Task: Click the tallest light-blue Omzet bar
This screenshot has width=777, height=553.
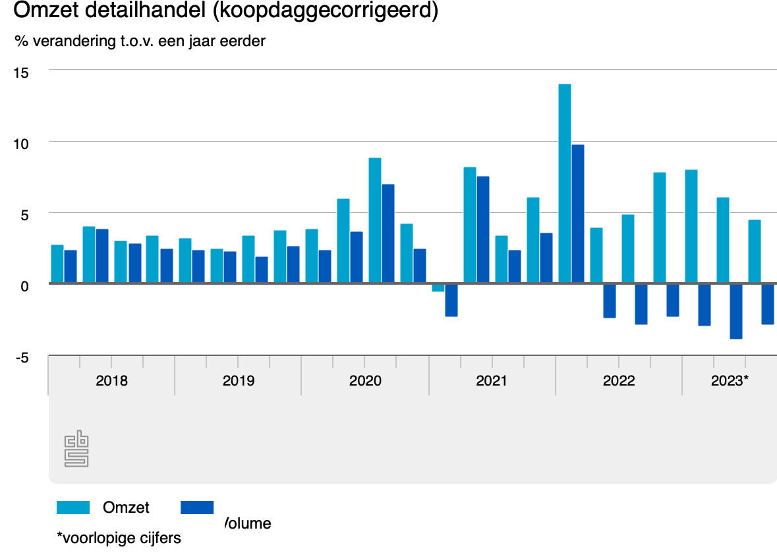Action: point(564,184)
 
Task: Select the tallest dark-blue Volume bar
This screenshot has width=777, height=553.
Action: point(577,214)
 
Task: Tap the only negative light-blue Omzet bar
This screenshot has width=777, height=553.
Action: point(438,287)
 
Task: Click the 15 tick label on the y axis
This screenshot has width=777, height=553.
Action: point(21,72)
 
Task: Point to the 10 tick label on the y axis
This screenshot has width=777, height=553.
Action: point(21,143)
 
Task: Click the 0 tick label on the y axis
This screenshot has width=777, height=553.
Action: point(24,286)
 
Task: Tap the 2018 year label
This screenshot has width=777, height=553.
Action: point(111,381)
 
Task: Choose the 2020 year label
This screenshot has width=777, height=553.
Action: point(365,381)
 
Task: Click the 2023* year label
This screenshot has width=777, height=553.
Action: point(730,381)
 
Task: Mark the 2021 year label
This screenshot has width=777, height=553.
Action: point(492,381)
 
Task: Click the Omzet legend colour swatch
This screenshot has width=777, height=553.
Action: point(72,507)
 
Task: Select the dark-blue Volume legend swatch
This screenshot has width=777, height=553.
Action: point(196,507)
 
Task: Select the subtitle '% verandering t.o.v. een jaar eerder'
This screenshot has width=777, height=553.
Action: point(140,41)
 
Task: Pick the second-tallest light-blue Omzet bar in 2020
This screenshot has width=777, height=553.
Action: point(343,241)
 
